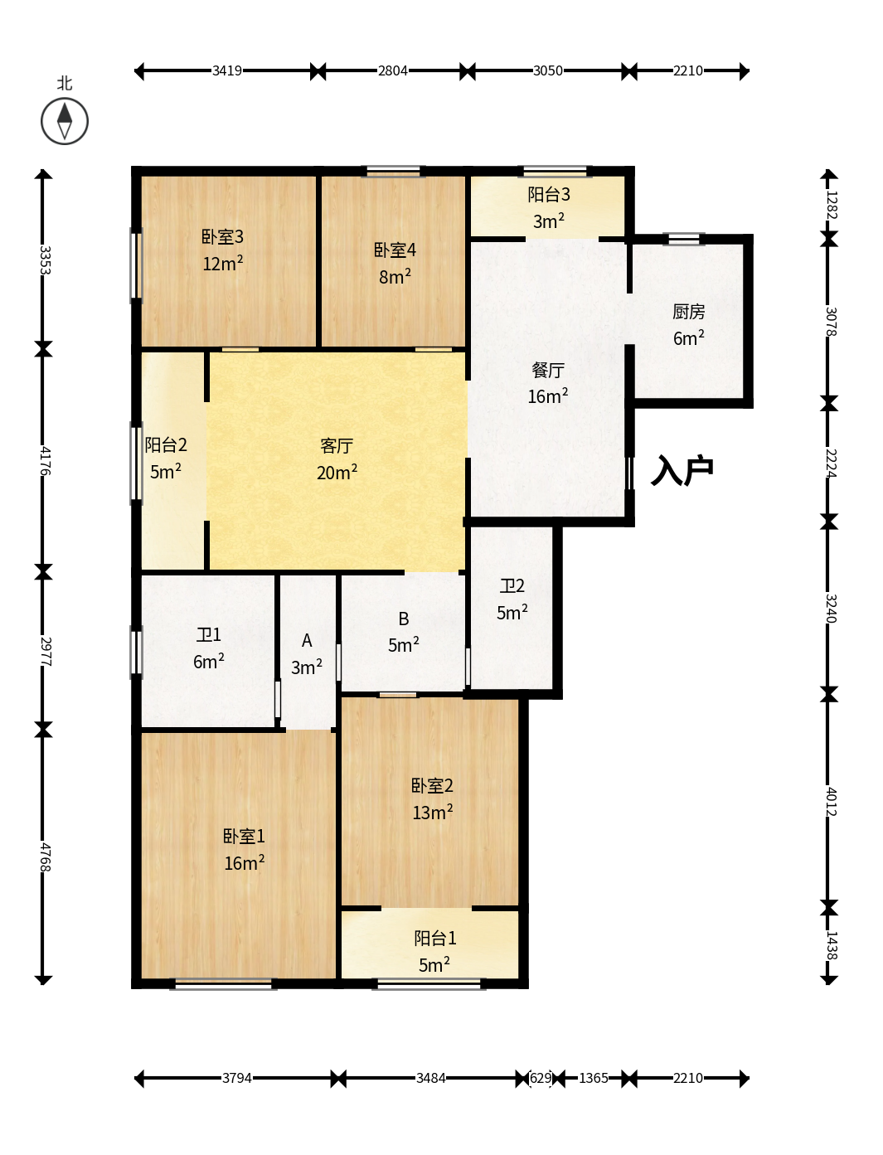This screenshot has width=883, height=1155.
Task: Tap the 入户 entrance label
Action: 682,470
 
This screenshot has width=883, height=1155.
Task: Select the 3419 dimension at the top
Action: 227,70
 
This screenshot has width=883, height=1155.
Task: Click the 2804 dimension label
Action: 392,70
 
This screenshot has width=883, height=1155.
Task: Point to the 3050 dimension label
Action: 548,70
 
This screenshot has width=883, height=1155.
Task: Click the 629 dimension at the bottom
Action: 541,1078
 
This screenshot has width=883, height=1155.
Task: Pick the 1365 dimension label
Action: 594,1078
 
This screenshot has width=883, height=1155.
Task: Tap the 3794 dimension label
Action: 237,1078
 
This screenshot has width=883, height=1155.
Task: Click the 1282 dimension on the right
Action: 831,205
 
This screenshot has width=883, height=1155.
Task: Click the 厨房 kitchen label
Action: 688,312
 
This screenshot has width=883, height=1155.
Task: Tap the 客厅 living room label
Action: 337,446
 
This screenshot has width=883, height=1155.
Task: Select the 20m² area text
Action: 337,472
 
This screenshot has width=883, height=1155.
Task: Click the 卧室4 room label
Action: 395,250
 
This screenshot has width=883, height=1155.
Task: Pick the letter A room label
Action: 307,640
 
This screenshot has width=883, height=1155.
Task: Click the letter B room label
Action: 404,619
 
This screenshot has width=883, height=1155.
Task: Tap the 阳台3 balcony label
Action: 549,195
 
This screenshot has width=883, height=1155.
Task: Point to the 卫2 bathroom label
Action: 512,585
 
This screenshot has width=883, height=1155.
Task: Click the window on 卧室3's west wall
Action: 136,265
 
